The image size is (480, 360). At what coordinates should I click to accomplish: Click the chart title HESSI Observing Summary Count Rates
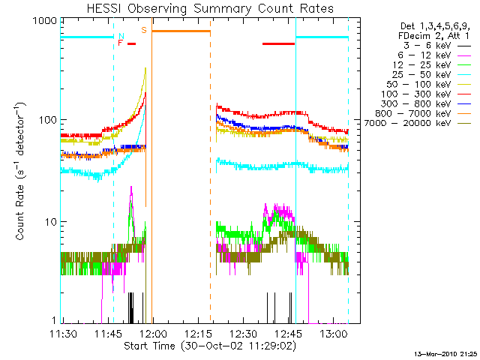point(210,8)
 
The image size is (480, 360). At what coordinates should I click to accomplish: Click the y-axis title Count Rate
point(21,172)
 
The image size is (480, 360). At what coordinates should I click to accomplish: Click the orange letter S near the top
point(144,30)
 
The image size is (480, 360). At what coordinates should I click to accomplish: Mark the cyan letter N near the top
point(121,35)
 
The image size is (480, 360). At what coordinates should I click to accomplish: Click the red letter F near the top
point(120,43)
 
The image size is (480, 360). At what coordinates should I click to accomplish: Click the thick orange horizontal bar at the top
point(181,31)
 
